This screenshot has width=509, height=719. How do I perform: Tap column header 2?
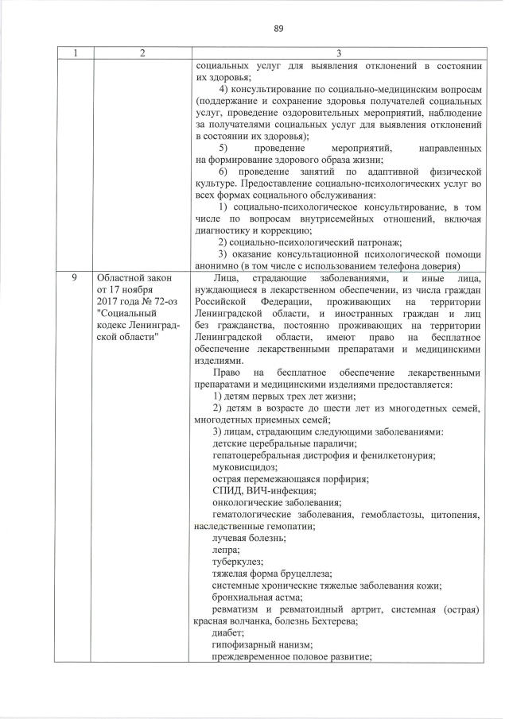141,53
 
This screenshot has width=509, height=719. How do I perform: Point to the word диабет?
229,632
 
